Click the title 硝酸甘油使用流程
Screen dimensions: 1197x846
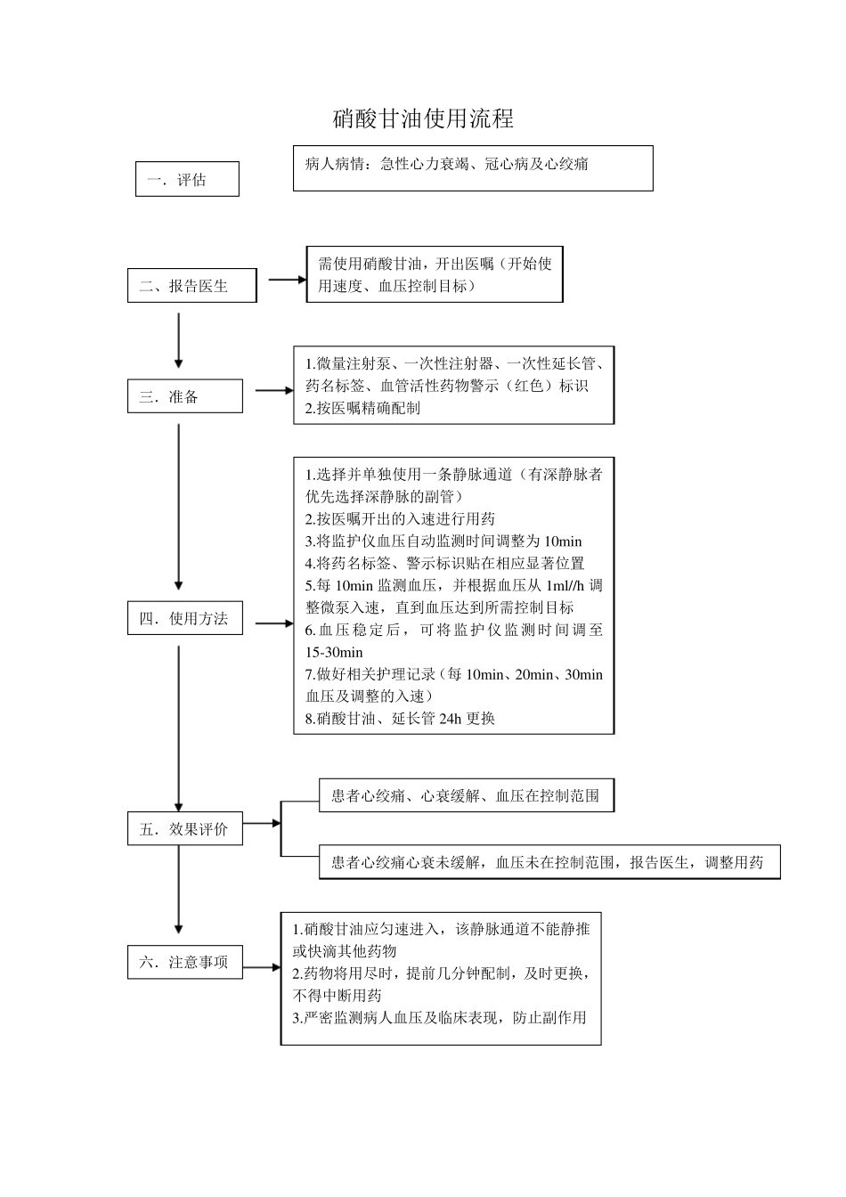[423, 118]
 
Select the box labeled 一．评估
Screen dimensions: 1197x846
[187, 179]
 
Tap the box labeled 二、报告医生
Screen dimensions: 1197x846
[191, 286]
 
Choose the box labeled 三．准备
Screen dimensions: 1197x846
[184, 396]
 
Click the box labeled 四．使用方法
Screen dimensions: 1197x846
[184, 619]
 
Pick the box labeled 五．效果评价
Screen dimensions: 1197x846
[184, 829]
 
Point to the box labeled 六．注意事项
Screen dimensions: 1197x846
[184, 962]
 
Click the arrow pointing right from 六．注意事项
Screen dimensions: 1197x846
[261, 967]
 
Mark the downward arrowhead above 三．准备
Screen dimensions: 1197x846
[179, 362]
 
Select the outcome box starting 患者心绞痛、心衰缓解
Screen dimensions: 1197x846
[466, 795]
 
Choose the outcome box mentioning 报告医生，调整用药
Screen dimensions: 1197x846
[548, 862]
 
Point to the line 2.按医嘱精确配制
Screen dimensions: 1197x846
[362, 408]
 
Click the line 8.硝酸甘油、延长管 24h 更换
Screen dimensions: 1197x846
[400, 718]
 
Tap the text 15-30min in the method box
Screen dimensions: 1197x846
[335, 652]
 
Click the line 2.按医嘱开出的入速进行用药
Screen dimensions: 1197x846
[400, 518]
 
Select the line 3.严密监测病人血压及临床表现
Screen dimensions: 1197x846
[440, 1017]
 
